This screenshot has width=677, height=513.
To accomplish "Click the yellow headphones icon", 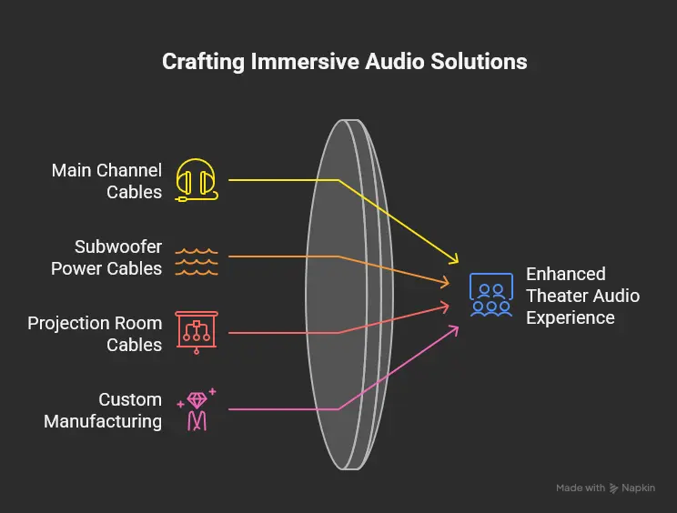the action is [x=197, y=180].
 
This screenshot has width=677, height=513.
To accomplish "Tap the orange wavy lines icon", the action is [x=197, y=261].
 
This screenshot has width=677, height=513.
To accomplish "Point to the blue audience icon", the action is [x=491, y=295].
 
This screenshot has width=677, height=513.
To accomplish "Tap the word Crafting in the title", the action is [x=203, y=62].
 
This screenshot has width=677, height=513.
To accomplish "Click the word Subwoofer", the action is [x=118, y=246].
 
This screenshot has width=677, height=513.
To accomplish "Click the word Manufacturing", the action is [x=103, y=421].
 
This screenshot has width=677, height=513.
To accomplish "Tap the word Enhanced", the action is [x=566, y=274].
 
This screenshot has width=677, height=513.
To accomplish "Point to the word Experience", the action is [x=570, y=318].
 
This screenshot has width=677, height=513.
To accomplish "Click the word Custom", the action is [x=130, y=399].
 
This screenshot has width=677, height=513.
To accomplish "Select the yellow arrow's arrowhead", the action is [x=454, y=259].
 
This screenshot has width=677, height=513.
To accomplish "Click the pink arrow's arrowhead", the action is [x=455, y=330].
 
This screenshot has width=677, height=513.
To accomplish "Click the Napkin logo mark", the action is [x=613, y=488].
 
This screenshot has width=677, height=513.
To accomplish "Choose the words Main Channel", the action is [x=106, y=170].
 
